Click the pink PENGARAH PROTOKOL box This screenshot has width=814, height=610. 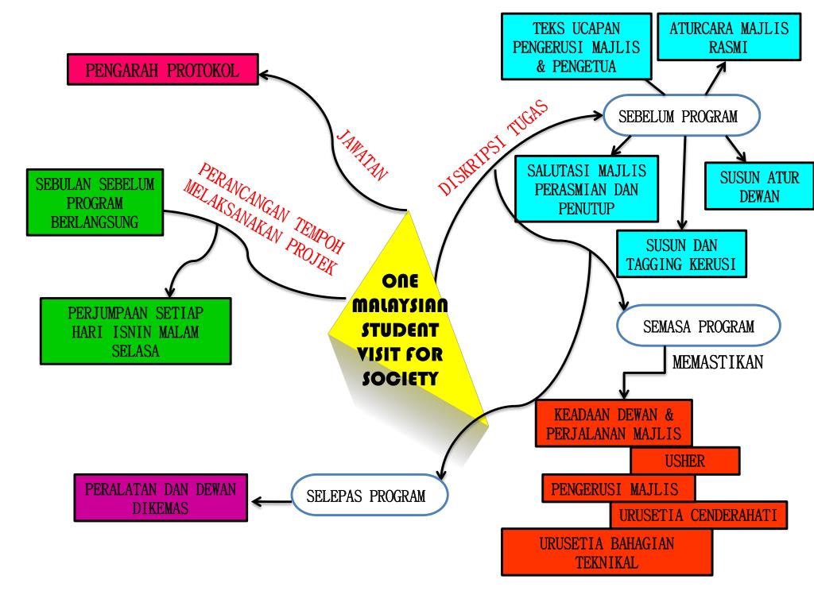(x=162, y=70)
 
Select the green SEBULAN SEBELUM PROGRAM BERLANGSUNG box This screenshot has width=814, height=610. (x=95, y=203)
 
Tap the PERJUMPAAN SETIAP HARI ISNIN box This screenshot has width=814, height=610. (x=135, y=330)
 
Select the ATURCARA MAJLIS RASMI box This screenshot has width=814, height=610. (x=729, y=38)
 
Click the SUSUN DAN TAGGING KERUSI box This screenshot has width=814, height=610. (x=682, y=254)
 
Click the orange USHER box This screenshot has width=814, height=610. (x=684, y=461)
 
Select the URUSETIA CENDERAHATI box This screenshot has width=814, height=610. (x=699, y=515)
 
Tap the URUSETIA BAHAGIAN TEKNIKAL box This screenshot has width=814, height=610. (x=607, y=553)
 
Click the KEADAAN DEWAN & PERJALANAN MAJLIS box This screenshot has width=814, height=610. (x=613, y=423)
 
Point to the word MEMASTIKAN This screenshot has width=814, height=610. (x=718, y=363)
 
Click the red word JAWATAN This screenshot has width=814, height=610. (x=362, y=154)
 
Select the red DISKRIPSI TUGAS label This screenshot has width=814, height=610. (x=494, y=148)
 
